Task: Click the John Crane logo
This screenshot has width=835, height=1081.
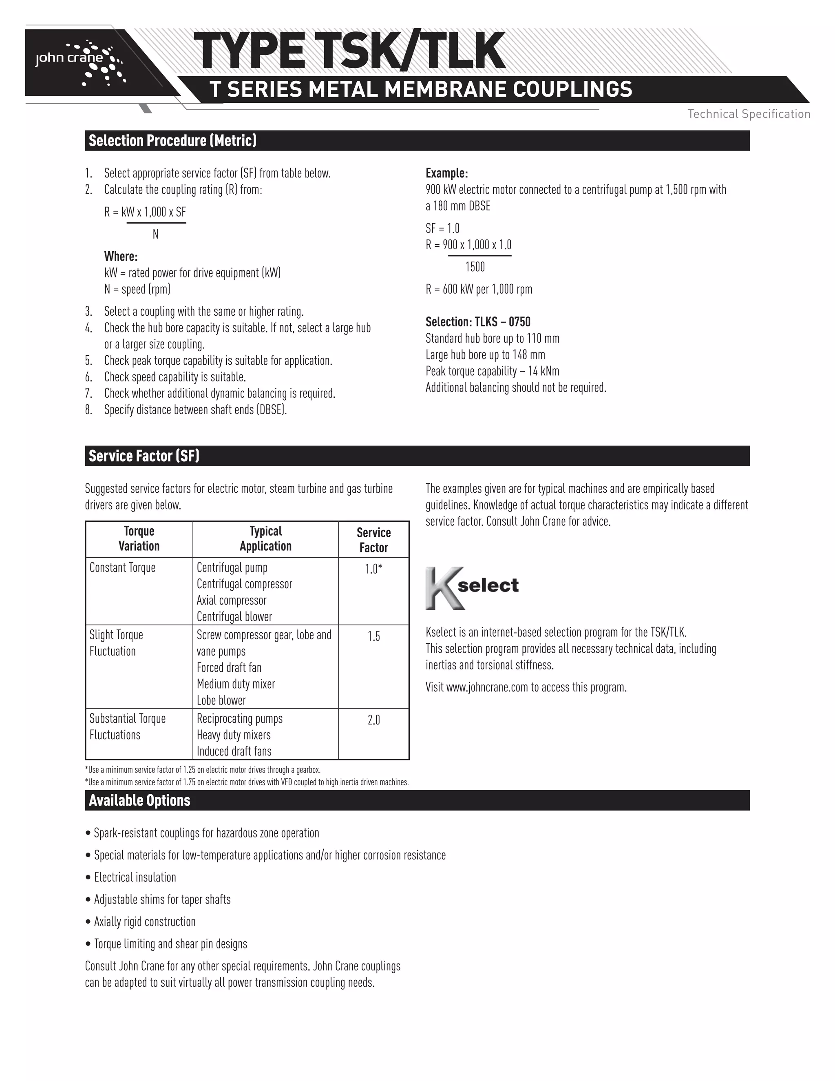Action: pyautogui.click(x=79, y=62)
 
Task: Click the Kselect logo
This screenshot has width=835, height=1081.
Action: pyautogui.click(x=471, y=587)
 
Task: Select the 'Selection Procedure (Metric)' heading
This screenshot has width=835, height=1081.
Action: pyautogui.click(x=172, y=141)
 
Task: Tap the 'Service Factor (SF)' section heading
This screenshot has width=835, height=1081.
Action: pyautogui.click(x=144, y=456)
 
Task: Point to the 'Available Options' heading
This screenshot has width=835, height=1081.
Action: pyautogui.click(x=139, y=800)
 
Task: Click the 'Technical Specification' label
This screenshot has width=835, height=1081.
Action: pyautogui.click(x=749, y=114)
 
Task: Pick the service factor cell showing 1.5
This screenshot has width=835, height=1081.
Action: pyautogui.click(x=373, y=636)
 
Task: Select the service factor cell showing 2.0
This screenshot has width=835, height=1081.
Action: pyautogui.click(x=373, y=720)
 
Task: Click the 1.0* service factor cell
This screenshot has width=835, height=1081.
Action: pyautogui.click(x=373, y=569)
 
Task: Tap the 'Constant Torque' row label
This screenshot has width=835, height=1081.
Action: pyautogui.click(x=122, y=568)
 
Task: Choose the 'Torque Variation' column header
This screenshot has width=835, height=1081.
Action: pyautogui.click(x=139, y=538)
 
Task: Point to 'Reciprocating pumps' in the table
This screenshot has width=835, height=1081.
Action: pyautogui.click(x=239, y=719)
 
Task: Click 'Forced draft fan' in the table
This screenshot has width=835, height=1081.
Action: pyautogui.click(x=229, y=668)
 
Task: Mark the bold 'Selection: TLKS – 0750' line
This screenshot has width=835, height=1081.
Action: pyautogui.click(x=477, y=322)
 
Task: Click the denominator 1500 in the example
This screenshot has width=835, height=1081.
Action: pyautogui.click(x=475, y=267)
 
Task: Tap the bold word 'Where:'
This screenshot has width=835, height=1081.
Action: pyautogui.click(x=121, y=257)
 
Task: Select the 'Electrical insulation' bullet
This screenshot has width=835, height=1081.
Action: pyautogui.click(x=135, y=877)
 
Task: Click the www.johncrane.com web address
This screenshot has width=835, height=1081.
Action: pyautogui.click(x=487, y=687)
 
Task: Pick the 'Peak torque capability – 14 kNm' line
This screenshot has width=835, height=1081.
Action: pyautogui.click(x=492, y=371)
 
